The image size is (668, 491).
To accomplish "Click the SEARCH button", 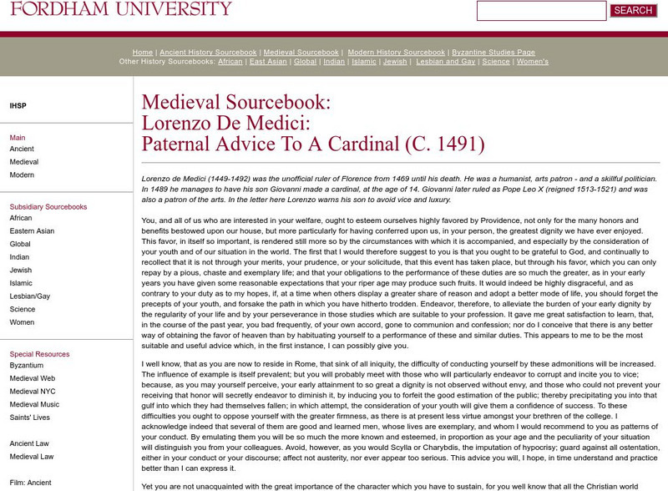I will click(633, 11).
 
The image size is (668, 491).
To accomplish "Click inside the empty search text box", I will click(541, 11).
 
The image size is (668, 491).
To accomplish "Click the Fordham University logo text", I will click(121, 9).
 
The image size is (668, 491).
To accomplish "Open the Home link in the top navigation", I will click(142, 53).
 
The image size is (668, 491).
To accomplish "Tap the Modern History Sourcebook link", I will click(397, 53).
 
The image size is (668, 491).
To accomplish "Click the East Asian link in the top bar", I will click(268, 62).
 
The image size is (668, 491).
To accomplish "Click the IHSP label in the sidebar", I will click(18, 106).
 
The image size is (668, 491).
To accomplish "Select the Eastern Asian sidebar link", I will click(32, 231).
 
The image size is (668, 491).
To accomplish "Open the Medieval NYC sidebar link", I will click(33, 392).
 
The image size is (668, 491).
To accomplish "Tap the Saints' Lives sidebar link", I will click(31, 418).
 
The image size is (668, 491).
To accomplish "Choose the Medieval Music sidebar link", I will click(35, 405).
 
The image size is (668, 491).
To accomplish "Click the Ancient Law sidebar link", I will click(30, 443).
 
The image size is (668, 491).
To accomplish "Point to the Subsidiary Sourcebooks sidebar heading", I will click(48, 206).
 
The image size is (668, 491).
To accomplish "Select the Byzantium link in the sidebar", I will click(27, 366).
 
